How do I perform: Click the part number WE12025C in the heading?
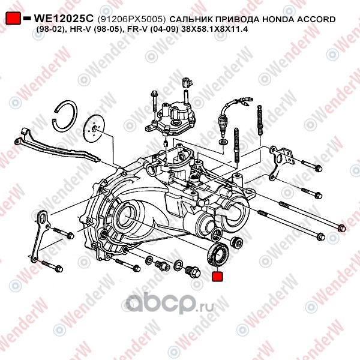coord(64,19)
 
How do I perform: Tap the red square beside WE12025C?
coord(13,18)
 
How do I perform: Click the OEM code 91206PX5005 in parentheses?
coord(131,19)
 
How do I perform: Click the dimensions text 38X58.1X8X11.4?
coord(214,29)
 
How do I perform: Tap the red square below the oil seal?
coord(217,276)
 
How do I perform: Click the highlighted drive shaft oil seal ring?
coord(218,254)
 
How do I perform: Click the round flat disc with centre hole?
coord(94,129)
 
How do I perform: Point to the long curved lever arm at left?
coord(58,147)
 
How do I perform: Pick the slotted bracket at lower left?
coord(40,236)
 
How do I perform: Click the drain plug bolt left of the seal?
coord(193,272)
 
